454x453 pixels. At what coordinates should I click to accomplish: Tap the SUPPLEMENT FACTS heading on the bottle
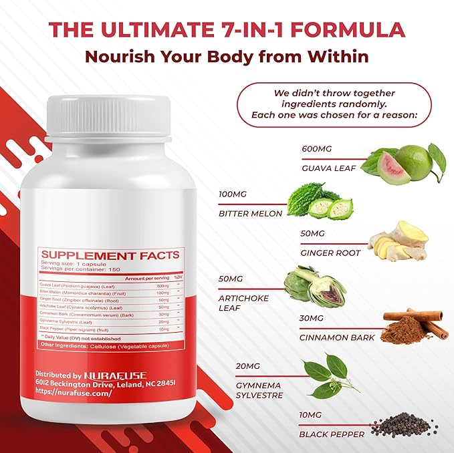pos(110,255)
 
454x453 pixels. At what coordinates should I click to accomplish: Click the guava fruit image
pos(403,164)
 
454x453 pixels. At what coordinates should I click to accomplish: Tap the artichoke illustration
pos(314,286)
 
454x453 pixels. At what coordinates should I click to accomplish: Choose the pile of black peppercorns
pos(404,425)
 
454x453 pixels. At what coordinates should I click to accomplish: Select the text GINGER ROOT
pos(330,253)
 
